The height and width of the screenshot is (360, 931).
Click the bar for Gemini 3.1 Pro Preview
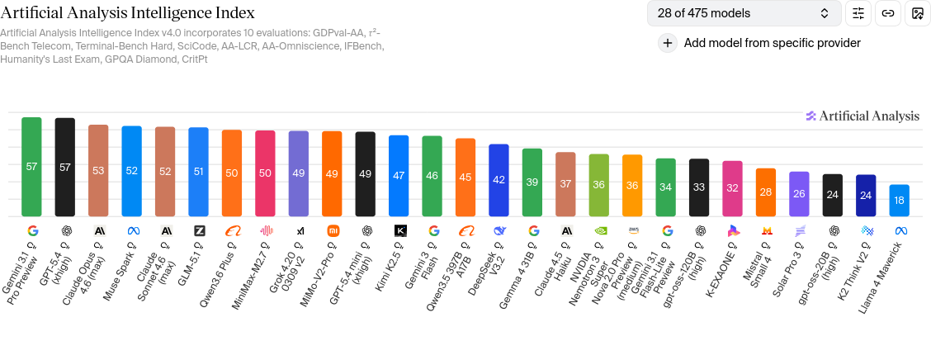pyautogui.click(x=31, y=167)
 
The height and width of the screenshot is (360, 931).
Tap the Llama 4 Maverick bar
pyautogui.click(x=900, y=201)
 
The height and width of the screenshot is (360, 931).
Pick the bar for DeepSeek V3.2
pyautogui.click(x=499, y=180)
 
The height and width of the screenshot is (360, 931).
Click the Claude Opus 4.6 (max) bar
pyautogui.click(x=98, y=171)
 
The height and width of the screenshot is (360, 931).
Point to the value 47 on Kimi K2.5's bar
pyautogui.click(x=399, y=175)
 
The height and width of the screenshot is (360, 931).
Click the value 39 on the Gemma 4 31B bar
pyautogui.click(x=532, y=182)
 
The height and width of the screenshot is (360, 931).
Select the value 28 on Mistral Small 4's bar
pyautogui.click(x=766, y=192)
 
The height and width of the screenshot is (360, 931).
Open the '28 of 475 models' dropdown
pyautogui.click(x=744, y=13)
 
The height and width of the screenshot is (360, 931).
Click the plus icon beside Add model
pyautogui.click(x=668, y=43)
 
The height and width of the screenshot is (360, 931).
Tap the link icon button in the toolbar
pyautogui.click(x=888, y=13)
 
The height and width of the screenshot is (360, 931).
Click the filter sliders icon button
pyautogui.click(x=858, y=13)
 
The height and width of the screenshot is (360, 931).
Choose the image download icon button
pyautogui.click(x=917, y=13)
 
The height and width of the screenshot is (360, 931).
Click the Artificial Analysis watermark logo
pyautogui.click(x=862, y=116)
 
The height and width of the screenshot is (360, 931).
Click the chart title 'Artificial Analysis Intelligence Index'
pyautogui.click(x=127, y=12)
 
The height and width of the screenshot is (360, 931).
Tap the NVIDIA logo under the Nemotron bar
pyautogui.click(x=599, y=231)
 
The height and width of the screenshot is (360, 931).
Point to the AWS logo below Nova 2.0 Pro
pyautogui.click(x=632, y=231)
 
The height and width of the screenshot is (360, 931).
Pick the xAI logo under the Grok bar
pyautogui.click(x=299, y=231)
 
